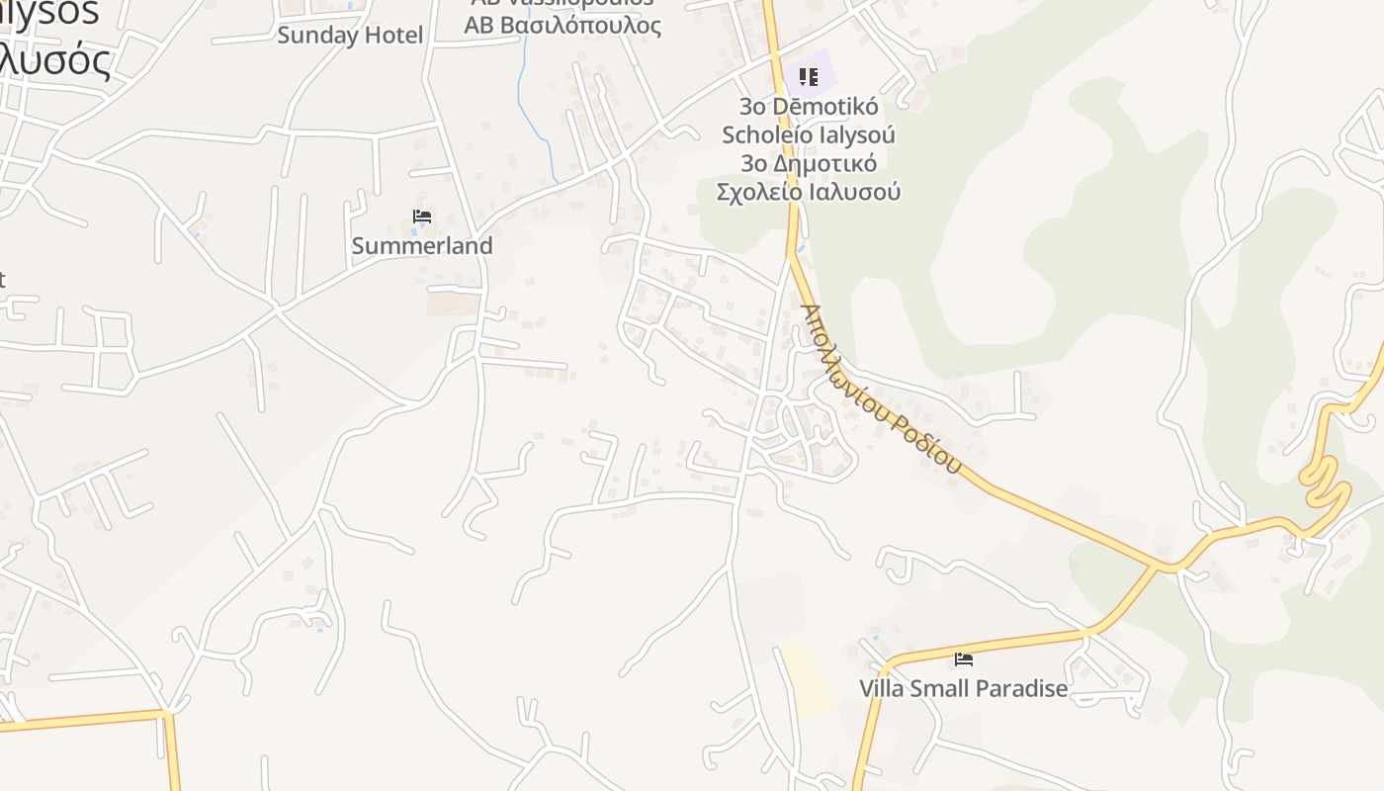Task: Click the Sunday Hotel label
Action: click(x=350, y=36)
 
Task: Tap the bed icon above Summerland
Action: click(x=422, y=217)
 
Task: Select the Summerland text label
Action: click(x=422, y=245)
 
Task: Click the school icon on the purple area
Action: click(x=809, y=76)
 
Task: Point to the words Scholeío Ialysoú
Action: click(x=809, y=134)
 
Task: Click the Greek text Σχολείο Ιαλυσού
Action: click(x=809, y=192)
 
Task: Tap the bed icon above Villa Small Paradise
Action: click(x=964, y=659)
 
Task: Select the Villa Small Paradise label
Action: click(x=964, y=688)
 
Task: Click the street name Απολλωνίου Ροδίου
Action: click(x=880, y=389)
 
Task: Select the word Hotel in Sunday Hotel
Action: click(x=394, y=36)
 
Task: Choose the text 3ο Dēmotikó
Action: click(x=809, y=106)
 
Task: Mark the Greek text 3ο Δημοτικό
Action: click(x=809, y=163)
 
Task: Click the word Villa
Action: click(x=882, y=688)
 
